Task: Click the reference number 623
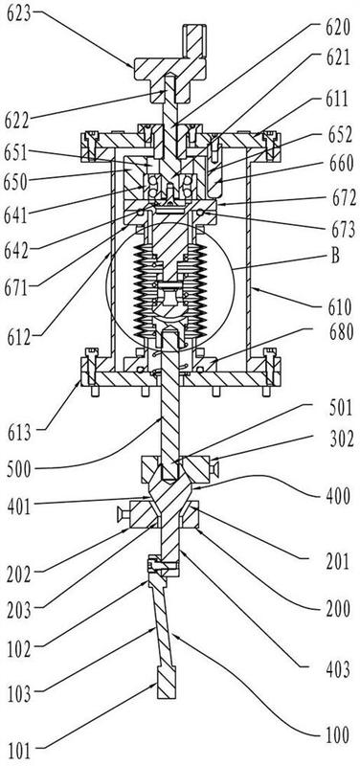click(x=18, y=13)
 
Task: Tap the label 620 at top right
click(x=338, y=29)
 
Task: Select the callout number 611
click(x=338, y=100)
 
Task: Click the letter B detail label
click(x=335, y=256)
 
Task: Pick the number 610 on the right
click(x=339, y=307)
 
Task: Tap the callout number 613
click(x=18, y=433)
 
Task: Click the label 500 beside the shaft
click(x=19, y=470)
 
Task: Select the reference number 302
click(x=338, y=439)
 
